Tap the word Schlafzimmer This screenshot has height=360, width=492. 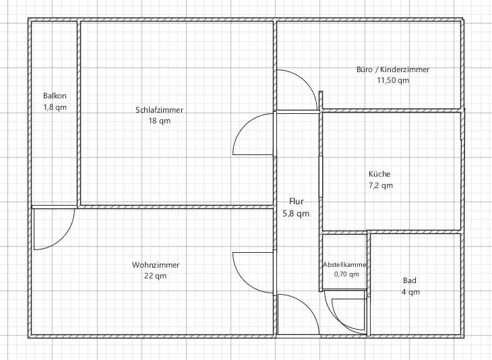[160, 110]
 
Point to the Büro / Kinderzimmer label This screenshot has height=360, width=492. [393, 69]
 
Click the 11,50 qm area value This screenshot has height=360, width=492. [393, 80]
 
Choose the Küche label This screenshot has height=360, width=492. [379, 174]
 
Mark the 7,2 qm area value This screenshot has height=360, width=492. [380, 185]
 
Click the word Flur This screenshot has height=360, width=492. [297, 201]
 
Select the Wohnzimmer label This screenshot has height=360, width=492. [156, 265]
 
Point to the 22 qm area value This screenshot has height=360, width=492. [156, 276]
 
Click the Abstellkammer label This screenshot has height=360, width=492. [344, 265]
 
